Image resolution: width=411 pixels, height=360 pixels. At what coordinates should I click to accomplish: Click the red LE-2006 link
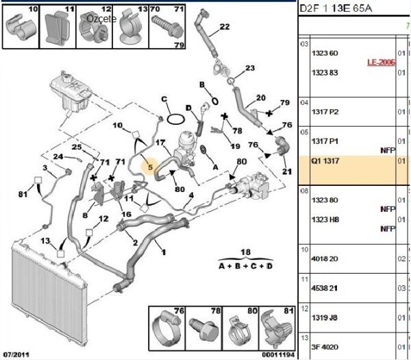coord(380,62)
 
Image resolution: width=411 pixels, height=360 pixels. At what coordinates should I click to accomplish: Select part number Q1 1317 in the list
coord(325,162)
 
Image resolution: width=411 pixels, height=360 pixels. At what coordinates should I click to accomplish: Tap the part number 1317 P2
coord(325,112)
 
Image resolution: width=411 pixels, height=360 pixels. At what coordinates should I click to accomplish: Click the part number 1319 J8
coord(325,317)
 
